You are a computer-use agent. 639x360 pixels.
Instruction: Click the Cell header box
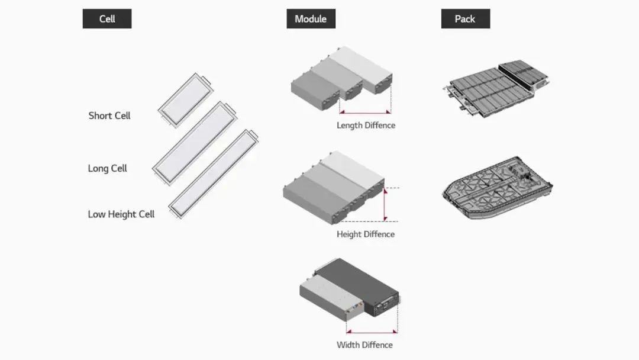(x=107, y=19)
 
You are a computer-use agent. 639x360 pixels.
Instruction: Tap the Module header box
(x=311, y=19)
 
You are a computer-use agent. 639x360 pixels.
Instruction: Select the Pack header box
(x=466, y=19)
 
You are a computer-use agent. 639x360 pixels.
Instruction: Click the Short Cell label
(x=109, y=116)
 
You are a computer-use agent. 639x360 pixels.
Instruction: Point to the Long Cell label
(x=108, y=168)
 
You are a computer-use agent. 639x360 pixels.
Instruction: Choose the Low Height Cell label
(x=121, y=214)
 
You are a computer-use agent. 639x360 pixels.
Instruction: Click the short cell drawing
(x=186, y=100)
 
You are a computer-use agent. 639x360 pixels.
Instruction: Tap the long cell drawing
(x=195, y=143)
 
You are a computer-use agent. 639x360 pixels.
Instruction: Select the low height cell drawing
(x=214, y=173)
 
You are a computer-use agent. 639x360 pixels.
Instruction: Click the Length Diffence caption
(x=366, y=126)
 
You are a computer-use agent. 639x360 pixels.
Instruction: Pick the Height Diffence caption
(x=366, y=234)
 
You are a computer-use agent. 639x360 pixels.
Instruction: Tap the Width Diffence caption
(x=364, y=345)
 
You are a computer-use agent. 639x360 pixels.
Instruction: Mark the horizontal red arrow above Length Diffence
(x=365, y=112)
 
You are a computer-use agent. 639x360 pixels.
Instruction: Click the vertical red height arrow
(x=385, y=205)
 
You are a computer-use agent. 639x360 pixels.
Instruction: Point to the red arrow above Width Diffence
(x=372, y=332)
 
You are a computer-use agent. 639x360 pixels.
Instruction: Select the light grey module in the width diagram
(x=331, y=297)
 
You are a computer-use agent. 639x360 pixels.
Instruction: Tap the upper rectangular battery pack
(x=496, y=88)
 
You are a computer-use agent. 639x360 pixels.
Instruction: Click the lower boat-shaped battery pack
(x=497, y=188)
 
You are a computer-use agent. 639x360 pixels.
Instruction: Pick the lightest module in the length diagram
(x=361, y=69)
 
